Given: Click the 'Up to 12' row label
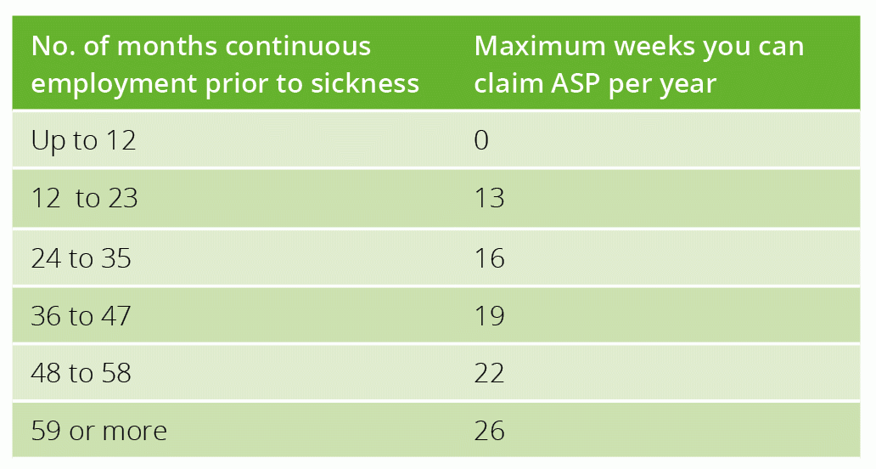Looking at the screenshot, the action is click(83, 140).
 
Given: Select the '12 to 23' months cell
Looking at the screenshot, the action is click(84, 198).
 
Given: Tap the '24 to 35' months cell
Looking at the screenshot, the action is click(81, 258).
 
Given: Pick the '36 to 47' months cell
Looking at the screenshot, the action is click(81, 316).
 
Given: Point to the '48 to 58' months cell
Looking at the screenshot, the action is click(81, 373).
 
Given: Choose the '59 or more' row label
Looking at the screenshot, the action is click(98, 431).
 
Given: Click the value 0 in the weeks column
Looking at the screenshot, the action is click(481, 139).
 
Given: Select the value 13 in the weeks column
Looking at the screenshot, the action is click(490, 198).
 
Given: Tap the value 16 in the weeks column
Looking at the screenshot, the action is click(490, 258).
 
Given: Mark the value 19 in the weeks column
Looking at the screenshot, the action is click(490, 316).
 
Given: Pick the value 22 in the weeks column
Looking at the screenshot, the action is click(490, 373).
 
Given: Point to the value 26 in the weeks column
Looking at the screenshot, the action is click(490, 431).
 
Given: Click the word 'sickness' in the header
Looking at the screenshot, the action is click(365, 83).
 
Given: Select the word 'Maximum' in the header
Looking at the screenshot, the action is click(540, 46).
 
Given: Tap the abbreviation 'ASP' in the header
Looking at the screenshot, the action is click(576, 83).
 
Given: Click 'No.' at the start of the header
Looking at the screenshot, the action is click(53, 46).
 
